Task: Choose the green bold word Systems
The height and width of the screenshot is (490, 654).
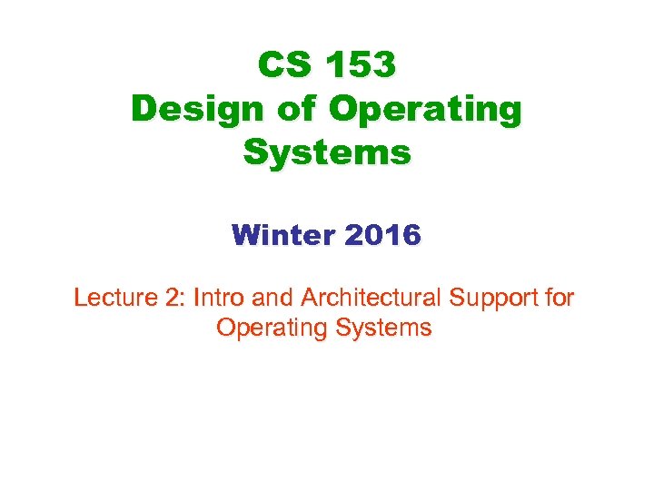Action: [x=327, y=152]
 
